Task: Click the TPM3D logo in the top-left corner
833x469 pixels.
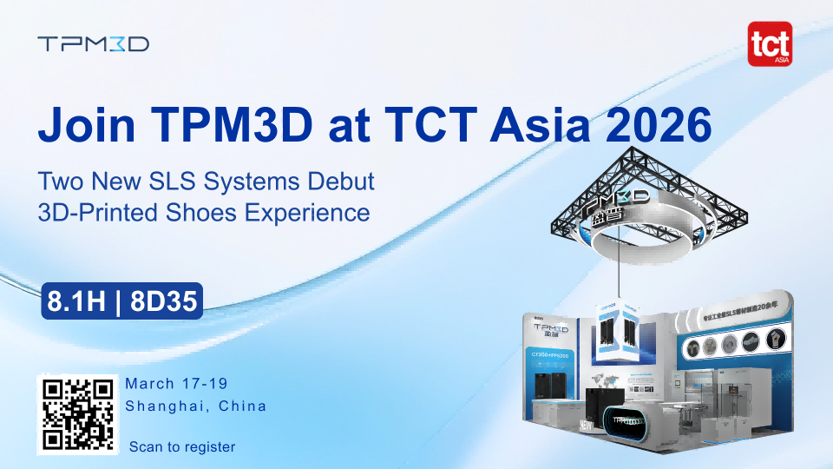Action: [x=94, y=43]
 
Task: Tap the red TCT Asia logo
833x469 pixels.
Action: [x=769, y=44]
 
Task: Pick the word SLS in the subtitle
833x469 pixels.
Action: [x=198, y=182]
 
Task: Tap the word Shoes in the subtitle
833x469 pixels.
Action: [x=205, y=212]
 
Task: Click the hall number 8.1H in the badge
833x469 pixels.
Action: [x=77, y=301]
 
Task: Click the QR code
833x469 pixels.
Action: [x=76, y=415]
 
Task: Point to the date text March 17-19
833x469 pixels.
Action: [x=177, y=384]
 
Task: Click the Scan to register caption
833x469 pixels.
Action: [x=182, y=446]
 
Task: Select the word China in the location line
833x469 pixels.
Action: [x=242, y=406]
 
